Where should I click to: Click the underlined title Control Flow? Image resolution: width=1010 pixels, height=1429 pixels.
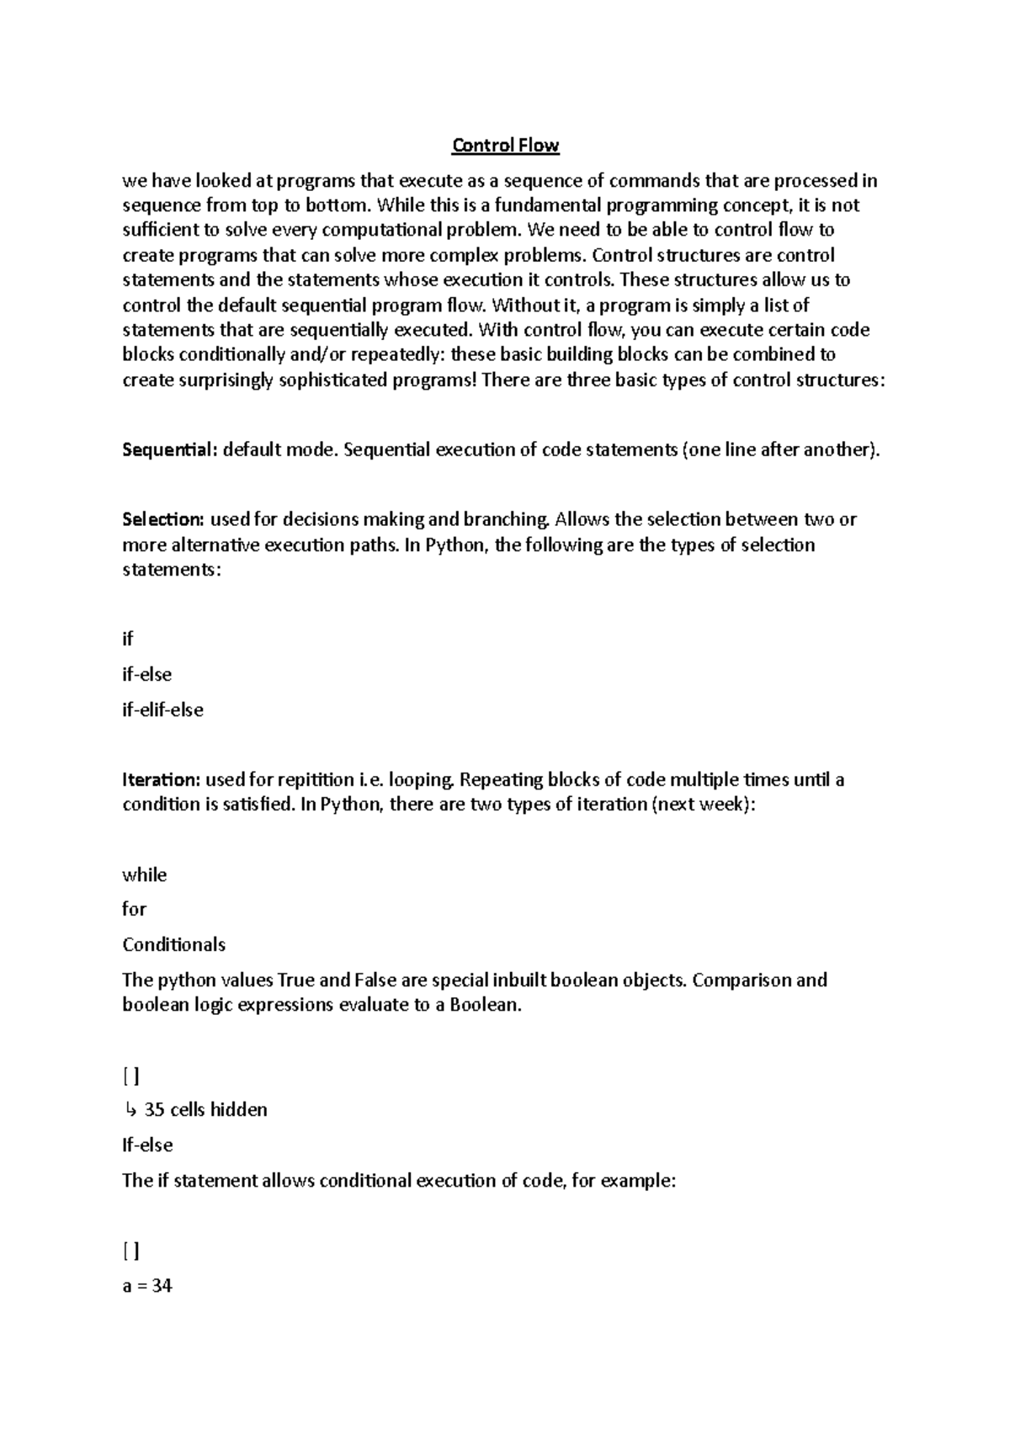505,146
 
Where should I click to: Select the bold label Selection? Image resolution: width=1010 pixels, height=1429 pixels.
163,519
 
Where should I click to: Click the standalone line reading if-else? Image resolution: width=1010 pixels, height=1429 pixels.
147,674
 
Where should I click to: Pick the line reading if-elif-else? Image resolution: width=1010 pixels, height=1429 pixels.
163,709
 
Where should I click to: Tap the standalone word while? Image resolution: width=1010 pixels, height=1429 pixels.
145,874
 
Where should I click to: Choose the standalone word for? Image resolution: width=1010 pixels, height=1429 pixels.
135,909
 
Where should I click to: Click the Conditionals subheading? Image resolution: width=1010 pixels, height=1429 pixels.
174,944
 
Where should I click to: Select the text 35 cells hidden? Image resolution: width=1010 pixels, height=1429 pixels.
205,1109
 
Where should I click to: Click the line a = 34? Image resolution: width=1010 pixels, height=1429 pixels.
147,1286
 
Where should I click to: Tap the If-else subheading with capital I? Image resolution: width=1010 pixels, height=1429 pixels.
147,1145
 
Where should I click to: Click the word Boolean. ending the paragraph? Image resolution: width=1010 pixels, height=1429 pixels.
486,1004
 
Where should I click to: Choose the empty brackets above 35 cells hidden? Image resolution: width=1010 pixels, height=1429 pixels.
130,1076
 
